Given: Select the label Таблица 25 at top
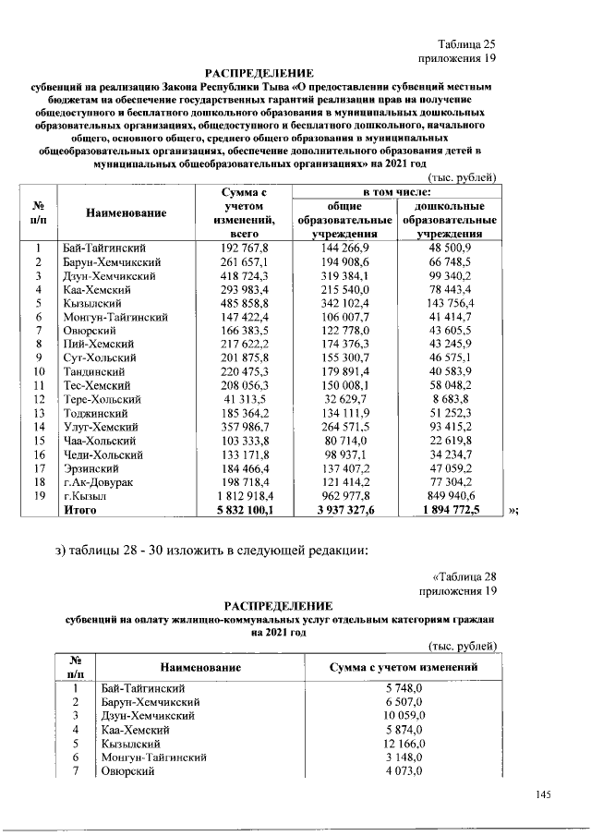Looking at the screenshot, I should coord(467,43).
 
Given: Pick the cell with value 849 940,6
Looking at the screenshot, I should coord(450,495).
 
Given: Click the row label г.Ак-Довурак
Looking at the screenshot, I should coord(99,482).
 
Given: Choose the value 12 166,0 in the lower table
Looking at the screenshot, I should coord(403,744).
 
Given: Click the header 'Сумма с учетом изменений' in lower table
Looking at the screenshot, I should coord(403,666).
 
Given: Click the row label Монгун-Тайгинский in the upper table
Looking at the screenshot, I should coord(115,316).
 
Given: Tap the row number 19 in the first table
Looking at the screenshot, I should coord(40,495).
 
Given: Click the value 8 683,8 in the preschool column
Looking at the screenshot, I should coord(452,399).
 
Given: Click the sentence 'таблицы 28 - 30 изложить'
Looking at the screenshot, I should coord(211,551).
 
